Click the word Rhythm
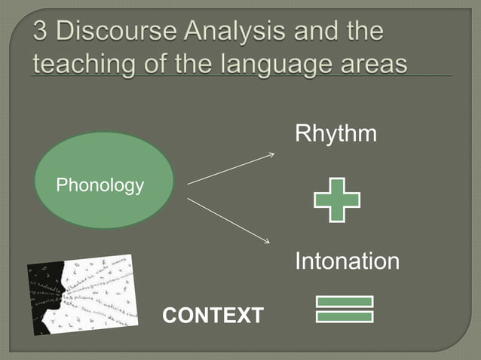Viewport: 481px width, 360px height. click(x=335, y=135)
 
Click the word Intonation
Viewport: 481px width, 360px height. click(x=347, y=262)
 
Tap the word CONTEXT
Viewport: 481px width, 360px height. click(x=213, y=316)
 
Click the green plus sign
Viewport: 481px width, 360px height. click(x=337, y=200)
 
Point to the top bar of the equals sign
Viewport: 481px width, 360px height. click(x=345, y=301)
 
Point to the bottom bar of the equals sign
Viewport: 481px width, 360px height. click(x=345, y=316)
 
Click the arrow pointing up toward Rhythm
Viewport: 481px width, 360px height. click(x=230, y=169)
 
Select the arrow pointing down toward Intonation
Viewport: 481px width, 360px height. click(x=228, y=220)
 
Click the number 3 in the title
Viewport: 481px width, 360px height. click(x=41, y=33)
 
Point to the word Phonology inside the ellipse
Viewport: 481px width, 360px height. click(x=100, y=185)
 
